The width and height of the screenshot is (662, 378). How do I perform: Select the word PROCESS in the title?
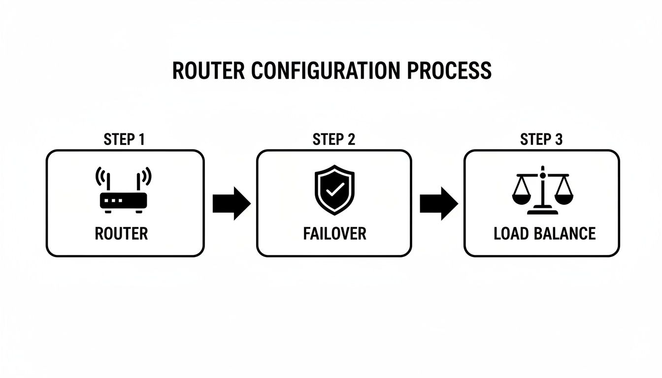449,71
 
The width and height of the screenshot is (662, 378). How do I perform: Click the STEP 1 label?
124,140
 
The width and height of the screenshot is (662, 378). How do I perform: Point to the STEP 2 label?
333,140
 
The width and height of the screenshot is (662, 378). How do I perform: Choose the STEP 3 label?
541,140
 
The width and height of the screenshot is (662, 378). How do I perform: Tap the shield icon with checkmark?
334,190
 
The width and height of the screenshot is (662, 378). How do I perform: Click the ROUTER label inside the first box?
121,233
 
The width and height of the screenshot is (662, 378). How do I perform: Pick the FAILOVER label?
334,233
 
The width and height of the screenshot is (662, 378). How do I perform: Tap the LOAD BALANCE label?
544,233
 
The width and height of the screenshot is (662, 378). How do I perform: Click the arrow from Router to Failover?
231,203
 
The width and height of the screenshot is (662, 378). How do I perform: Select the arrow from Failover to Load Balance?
438,203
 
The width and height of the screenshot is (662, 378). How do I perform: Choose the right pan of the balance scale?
564,198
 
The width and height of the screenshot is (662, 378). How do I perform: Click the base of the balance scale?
542,212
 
